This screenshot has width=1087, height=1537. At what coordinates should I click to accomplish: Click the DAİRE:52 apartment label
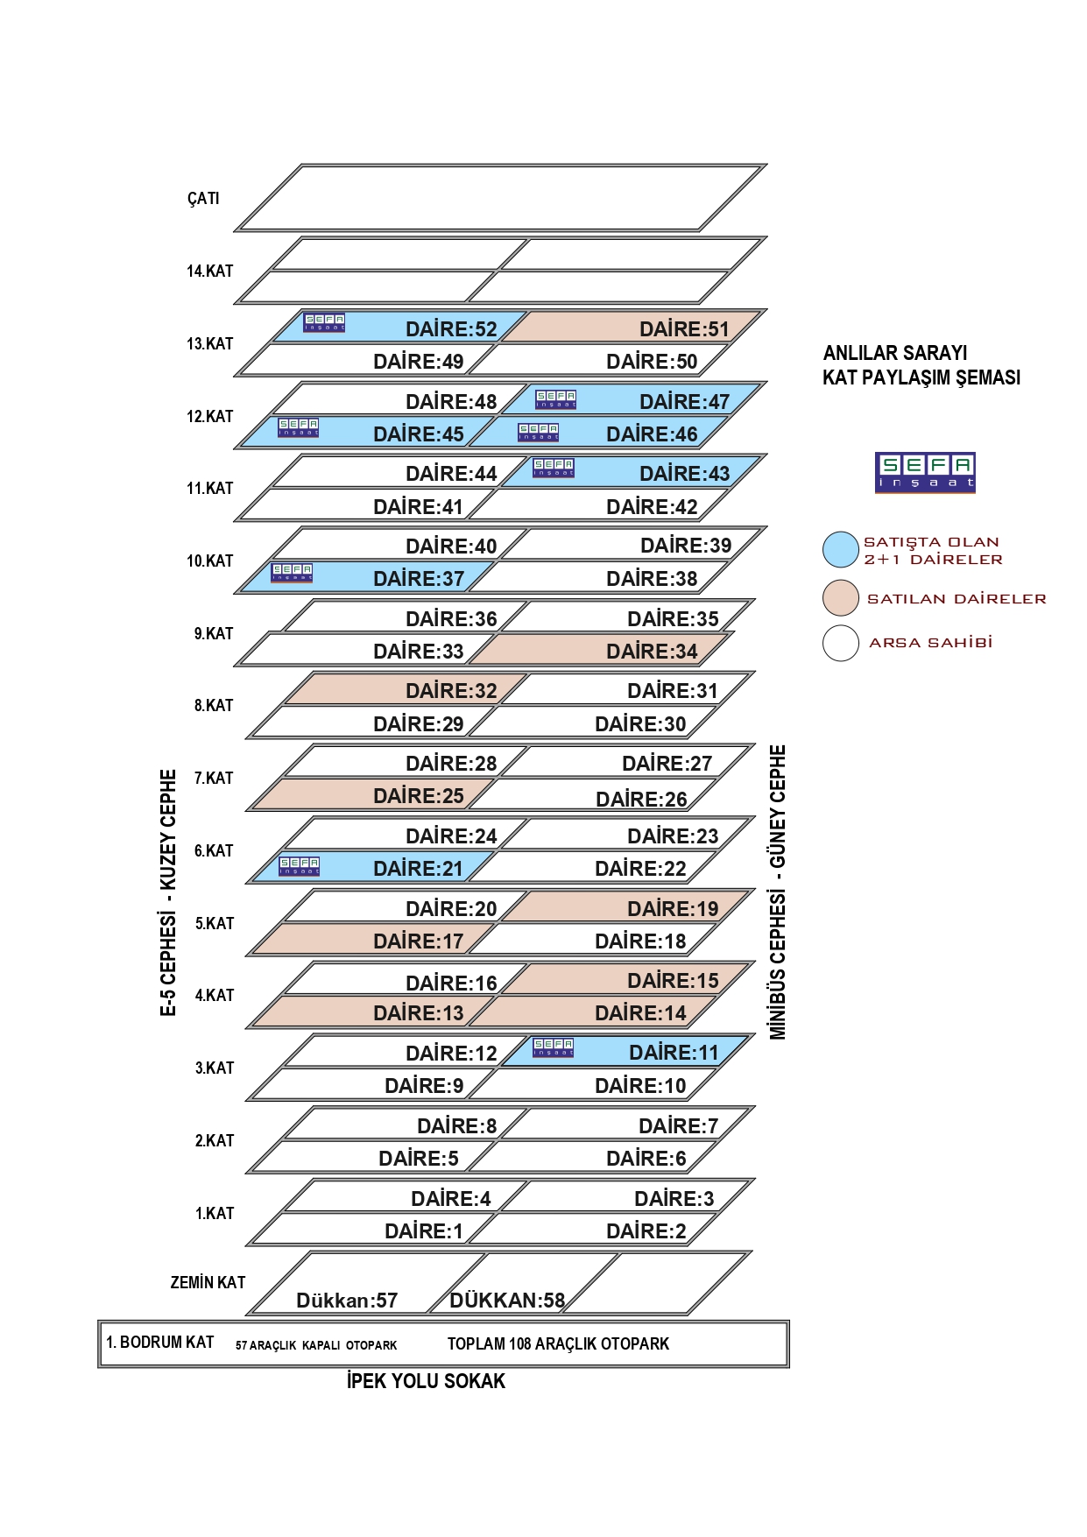(x=451, y=329)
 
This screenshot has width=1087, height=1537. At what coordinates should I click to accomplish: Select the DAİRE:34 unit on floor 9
(x=652, y=652)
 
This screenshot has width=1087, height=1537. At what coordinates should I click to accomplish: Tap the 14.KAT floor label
(x=210, y=271)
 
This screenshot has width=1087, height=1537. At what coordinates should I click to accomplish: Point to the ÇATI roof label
(x=203, y=199)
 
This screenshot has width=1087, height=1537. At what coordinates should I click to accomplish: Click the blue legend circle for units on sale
(x=840, y=550)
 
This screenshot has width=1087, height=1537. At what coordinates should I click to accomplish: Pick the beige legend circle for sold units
(x=840, y=598)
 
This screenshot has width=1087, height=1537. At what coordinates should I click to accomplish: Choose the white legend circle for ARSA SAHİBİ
(x=840, y=643)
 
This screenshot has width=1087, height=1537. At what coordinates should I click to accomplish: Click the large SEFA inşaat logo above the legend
(x=925, y=473)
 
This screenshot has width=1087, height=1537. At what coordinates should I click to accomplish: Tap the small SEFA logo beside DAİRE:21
(x=299, y=866)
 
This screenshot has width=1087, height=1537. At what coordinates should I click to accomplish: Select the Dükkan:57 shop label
(x=347, y=1301)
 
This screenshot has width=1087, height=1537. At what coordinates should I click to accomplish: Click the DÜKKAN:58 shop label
(x=507, y=1301)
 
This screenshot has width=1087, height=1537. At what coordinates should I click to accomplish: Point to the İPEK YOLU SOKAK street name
(x=426, y=1381)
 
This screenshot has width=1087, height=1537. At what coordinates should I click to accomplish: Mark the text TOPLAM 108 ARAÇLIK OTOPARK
(x=558, y=1343)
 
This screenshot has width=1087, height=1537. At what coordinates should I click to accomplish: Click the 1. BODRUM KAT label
(x=160, y=1343)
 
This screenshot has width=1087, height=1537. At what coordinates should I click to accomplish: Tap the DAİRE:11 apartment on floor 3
(x=674, y=1053)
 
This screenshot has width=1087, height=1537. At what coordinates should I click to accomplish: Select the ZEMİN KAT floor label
(x=208, y=1283)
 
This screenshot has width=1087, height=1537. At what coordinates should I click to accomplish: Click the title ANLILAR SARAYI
(x=895, y=353)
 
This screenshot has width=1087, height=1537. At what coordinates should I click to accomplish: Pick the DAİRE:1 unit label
(x=424, y=1231)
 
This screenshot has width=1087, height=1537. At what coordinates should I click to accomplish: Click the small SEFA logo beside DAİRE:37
(x=292, y=573)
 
